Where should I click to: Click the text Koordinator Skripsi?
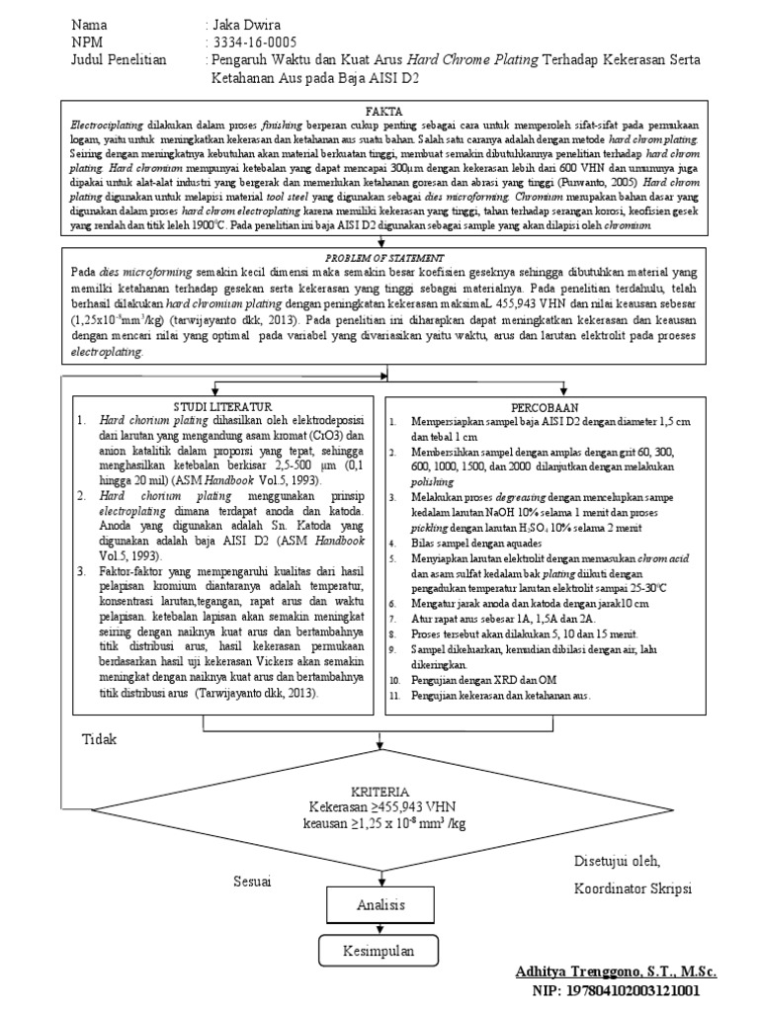click(632, 888)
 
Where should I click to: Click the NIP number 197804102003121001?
click(630, 989)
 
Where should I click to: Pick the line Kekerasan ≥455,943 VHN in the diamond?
click(379, 807)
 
